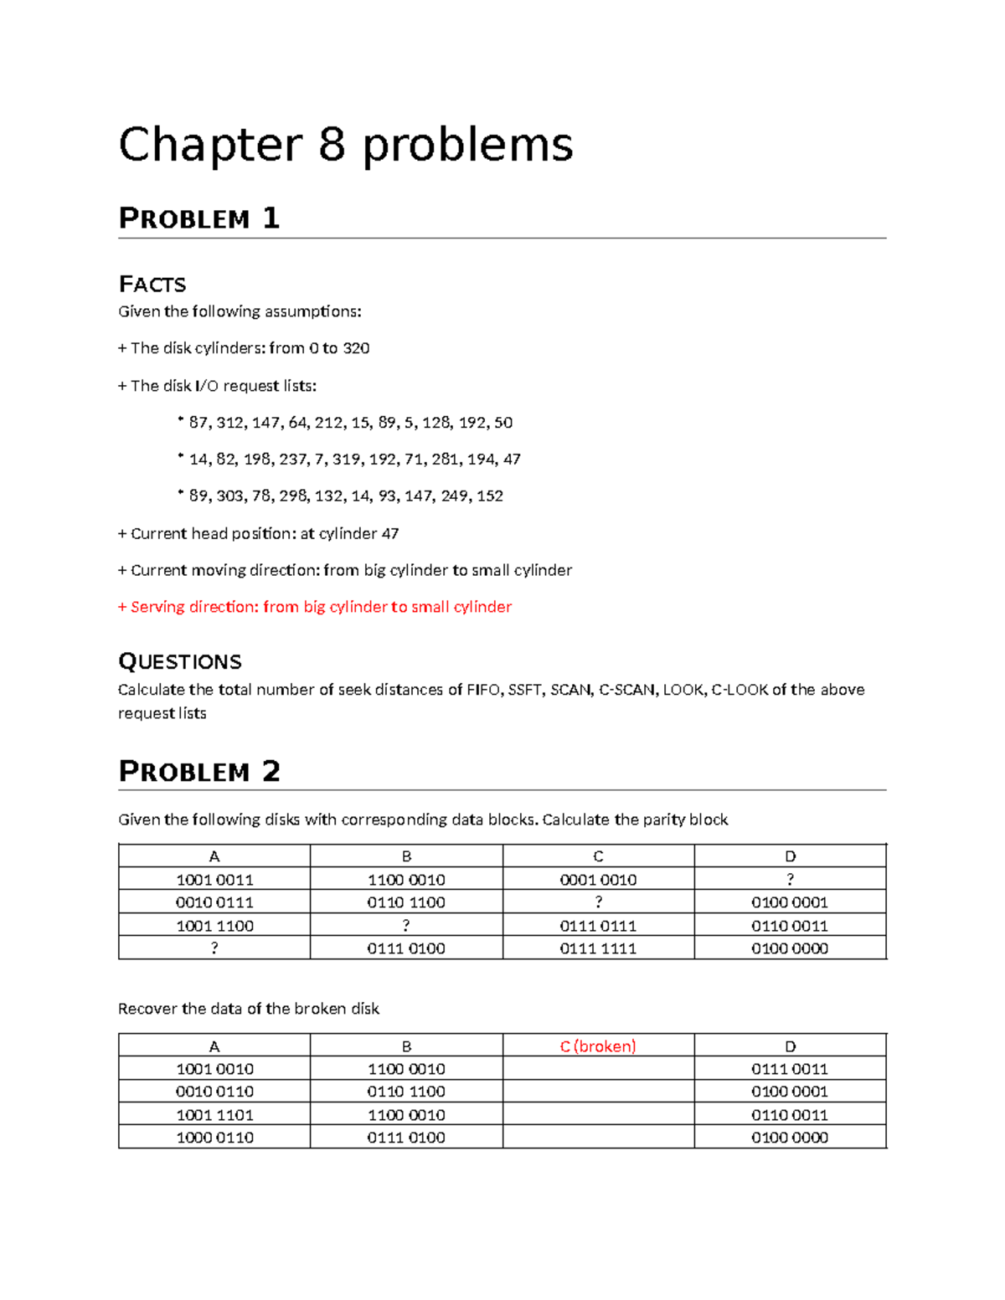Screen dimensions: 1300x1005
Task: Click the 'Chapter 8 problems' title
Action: pos(345,145)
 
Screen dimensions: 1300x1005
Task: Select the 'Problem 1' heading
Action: pos(198,218)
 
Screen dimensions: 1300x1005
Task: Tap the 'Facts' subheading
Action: pos(152,285)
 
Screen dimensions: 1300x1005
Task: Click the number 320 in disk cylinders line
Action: pos(356,348)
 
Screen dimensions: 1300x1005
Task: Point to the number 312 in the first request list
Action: pos(230,423)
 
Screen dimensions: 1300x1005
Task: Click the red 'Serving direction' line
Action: pos(315,607)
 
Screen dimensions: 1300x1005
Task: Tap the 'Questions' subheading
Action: pos(180,662)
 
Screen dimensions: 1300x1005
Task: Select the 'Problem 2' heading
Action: pos(198,771)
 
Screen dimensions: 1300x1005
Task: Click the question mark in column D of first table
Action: pos(790,879)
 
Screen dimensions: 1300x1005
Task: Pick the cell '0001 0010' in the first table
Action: pos(598,880)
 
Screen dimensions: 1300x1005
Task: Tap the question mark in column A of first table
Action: pos(214,948)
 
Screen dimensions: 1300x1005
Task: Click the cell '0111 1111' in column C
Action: pos(598,948)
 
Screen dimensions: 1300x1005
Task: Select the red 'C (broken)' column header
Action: pos(598,1046)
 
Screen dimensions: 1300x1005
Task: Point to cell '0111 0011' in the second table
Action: pos(790,1069)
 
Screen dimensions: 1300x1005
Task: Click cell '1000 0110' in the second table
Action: pos(214,1138)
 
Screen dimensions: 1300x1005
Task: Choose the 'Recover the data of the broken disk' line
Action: pos(249,1009)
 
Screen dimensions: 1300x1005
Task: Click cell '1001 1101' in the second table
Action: pos(214,1115)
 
